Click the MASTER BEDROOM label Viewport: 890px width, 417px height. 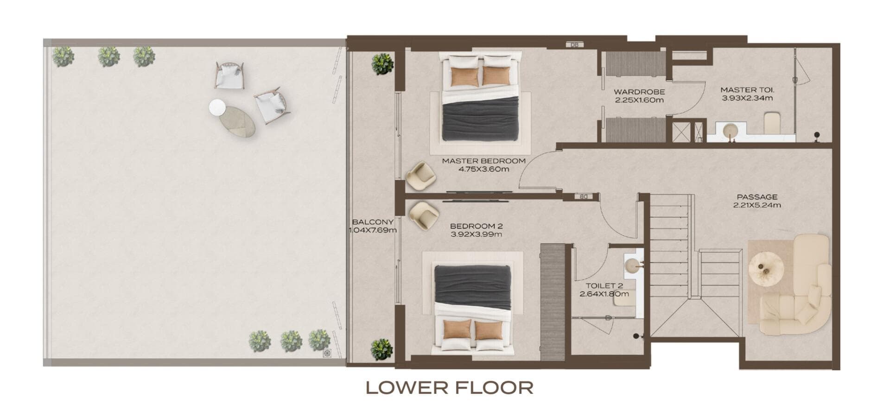click(483, 161)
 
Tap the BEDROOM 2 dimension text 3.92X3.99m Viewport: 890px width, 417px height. click(476, 234)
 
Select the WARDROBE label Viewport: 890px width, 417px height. click(639, 92)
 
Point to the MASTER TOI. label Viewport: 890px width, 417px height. click(747, 90)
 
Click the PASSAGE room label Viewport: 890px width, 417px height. click(757, 197)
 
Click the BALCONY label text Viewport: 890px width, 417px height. click(373, 222)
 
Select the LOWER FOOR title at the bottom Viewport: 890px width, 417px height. click(449, 388)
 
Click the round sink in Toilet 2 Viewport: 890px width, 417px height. click(632, 265)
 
